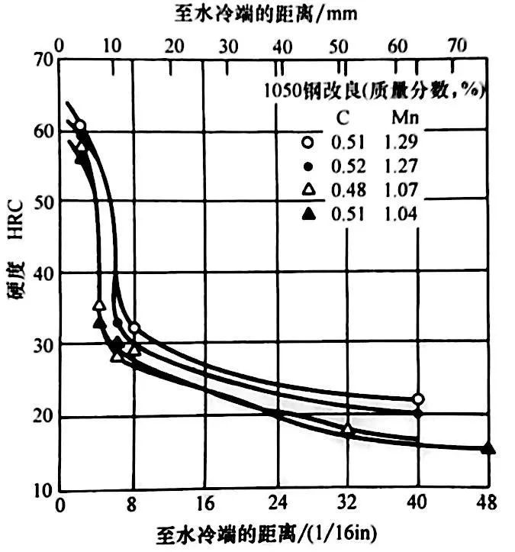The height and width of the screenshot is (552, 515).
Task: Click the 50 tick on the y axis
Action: point(46,201)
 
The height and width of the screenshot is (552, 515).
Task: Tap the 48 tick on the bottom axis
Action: point(486,504)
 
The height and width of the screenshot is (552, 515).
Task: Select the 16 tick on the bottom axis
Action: point(204,504)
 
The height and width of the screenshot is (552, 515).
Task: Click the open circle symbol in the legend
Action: point(307,141)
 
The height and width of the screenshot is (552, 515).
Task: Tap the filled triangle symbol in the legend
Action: point(307,215)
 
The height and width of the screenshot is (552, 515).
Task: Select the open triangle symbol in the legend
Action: point(307,190)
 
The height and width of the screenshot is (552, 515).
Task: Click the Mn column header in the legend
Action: point(401,118)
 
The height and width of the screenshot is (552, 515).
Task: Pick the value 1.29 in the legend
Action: point(402,141)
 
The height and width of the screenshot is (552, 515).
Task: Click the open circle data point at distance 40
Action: point(417,399)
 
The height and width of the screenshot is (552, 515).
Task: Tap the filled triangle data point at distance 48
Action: point(488,448)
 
